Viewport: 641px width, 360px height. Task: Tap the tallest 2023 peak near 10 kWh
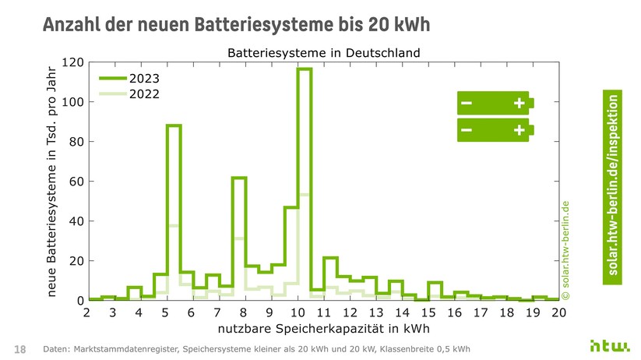305,69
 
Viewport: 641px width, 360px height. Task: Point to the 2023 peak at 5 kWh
174,125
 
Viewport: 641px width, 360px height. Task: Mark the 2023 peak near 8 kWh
239,178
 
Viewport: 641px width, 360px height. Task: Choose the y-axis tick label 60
75,182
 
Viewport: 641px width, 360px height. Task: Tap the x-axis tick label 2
88,312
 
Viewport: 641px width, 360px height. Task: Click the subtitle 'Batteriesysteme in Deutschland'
323,53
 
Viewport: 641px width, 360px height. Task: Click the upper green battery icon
495,104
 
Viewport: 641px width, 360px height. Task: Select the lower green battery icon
495,130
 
